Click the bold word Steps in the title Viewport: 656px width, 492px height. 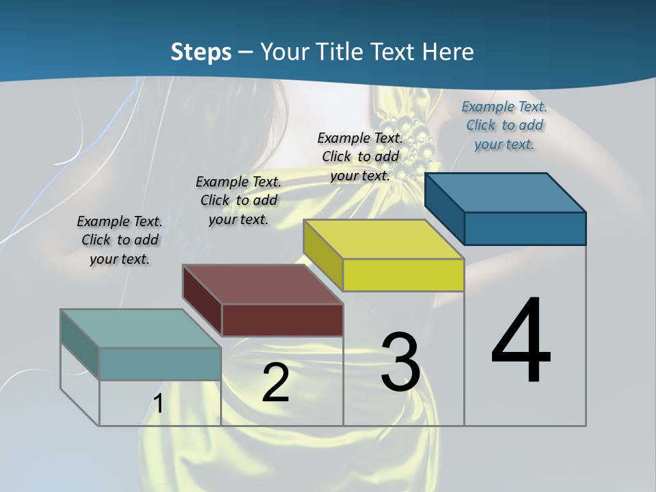click(x=201, y=52)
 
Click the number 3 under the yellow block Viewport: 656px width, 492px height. click(x=400, y=362)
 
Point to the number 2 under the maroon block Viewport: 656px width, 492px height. click(x=275, y=383)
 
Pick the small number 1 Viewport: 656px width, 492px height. click(x=159, y=404)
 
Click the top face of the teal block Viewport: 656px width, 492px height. click(x=141, y=328)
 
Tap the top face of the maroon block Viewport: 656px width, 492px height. click(x=262, y=284)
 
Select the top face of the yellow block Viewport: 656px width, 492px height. click(x=383, y=239)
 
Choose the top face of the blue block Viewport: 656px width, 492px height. click(x=506, y=193)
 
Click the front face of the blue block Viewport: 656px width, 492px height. click(x=525, y=228)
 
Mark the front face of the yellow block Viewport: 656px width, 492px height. click(x=403, y=275)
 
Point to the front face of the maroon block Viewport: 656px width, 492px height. click(x=282, y=320)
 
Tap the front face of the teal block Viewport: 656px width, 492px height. click(x=160, y=364)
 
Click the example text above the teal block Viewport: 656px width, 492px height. click(x=120, y=240)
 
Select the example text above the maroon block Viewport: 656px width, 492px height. click(x=238, y=200)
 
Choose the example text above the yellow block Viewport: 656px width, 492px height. click(x=360, y=156)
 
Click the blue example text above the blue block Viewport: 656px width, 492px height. click(x=504, y=125)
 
